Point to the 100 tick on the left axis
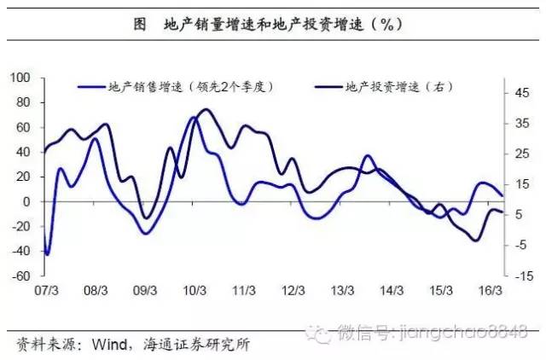[x=19, y=78]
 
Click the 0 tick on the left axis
[x=26, y=202]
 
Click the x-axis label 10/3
[x=195, y=290]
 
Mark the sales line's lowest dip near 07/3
[x=48, y=254]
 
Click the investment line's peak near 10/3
[x=203, y=110]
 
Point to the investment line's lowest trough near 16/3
[x=474, y=241]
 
